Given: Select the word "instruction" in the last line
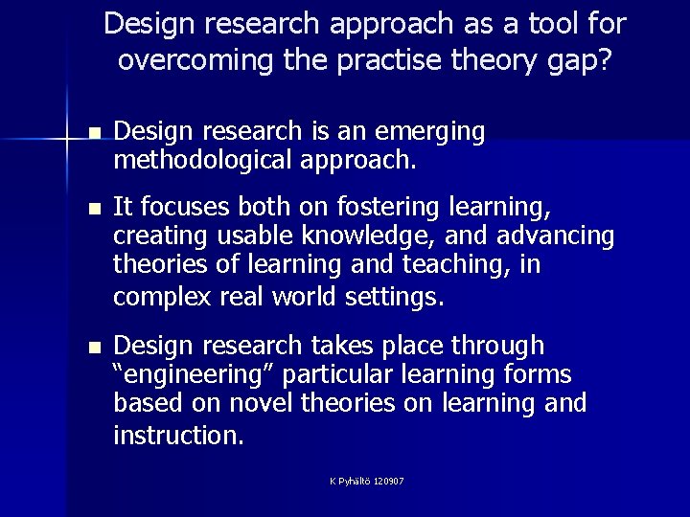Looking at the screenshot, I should click(177, 436).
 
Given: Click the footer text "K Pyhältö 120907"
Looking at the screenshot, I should click(365, 481).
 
